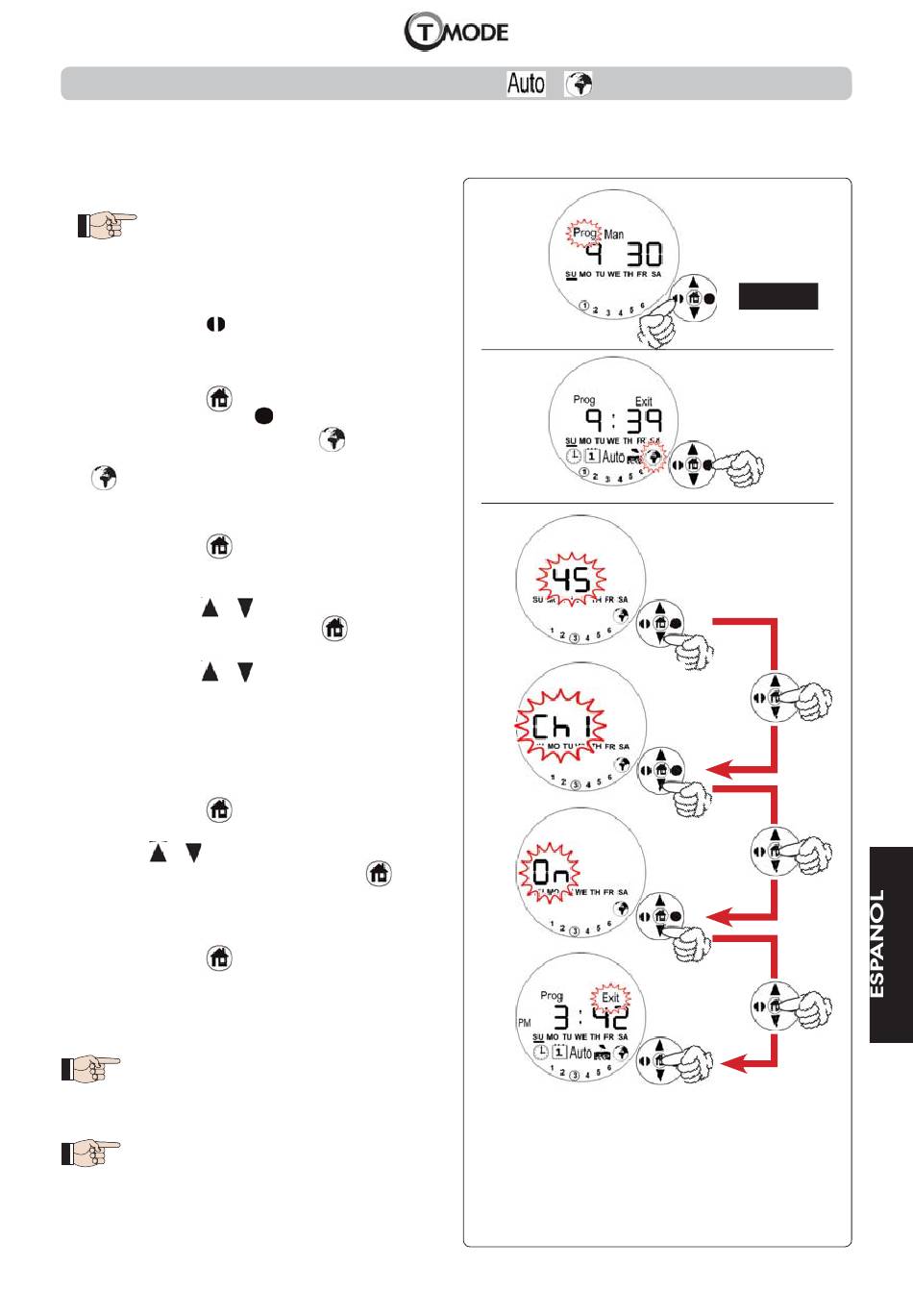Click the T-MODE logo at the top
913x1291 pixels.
pyautogui.click(x=456, y=33)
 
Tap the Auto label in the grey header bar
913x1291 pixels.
pyautogui.click(x=526, y=84)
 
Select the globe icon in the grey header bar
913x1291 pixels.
pyautogui.click(x=579, y=84)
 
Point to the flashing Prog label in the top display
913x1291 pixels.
pyautogui.click(x=583, y=233)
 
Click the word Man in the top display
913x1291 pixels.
pyautogui.click(x=614, y=234)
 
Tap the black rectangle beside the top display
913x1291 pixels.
pyautogui.click(x=777, y=296)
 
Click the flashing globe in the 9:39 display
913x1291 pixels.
pyautogui.click(x=654, y=458)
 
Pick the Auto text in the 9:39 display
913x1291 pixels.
pyautogui.click(x=613, y=457)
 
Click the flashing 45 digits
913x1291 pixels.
pyautogui.click(x=572, y=580)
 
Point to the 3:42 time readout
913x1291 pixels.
pyautogui.click(x=590, y=1017)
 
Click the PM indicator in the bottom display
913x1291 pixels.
pyautogui.click(x=525, y=1023)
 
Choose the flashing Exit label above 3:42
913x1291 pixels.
pyautogui.click(x=610, y=998)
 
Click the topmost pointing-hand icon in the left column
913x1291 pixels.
pyautogui.click(x=107, y=225)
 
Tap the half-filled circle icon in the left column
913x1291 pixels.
pyautogui.click(x=215, y=324)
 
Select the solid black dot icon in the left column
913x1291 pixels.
pyautogui.click(x=264, y=416)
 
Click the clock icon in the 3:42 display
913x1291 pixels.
pyautogui.click(x=541, y=1052)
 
